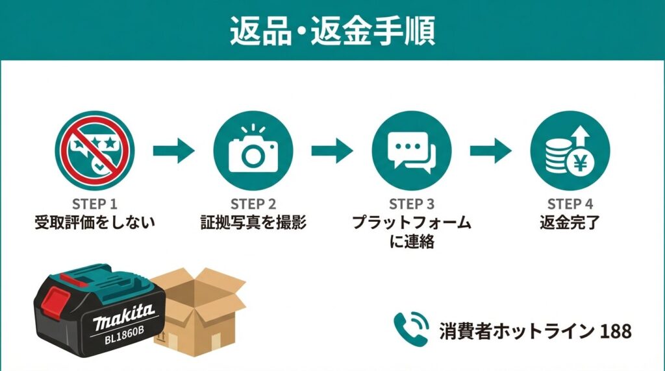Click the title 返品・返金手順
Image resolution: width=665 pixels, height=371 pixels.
(x=332, y=30)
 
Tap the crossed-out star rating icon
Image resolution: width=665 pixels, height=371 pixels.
(x=95, y=151)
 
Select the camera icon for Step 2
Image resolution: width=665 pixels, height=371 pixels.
(x=253, y=151)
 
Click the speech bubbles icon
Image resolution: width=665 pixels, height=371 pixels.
(x=411, y=151)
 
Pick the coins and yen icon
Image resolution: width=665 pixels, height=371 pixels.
(x=570, y=151)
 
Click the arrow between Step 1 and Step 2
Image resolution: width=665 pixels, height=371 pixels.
(x=173, y=151)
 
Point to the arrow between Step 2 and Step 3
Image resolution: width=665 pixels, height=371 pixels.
(x=332, y=151)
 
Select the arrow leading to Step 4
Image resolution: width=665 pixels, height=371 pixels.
(x=490, y=151)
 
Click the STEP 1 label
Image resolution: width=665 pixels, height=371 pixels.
(x=95, y=204)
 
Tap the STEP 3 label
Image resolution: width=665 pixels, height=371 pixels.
(x=411, y=204)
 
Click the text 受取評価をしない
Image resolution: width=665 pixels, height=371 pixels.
(x=95, y=223)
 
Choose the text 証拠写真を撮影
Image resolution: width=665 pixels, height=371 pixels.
(x=253, y=223)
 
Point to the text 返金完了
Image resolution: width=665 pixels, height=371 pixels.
(x=570, y=223)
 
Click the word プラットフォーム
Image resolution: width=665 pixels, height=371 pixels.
(x=411, y=223)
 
